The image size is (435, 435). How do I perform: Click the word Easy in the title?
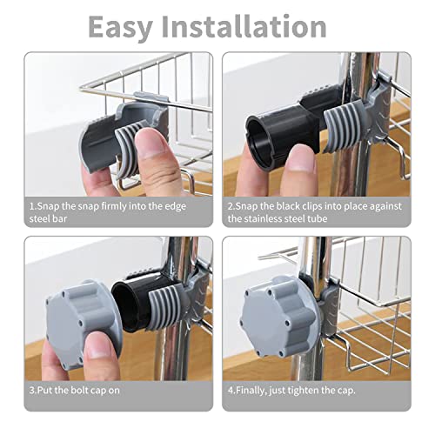120,27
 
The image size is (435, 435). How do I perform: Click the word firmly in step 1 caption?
114,206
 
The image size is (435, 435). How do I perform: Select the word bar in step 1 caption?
60,218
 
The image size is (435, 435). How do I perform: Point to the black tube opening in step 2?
261,142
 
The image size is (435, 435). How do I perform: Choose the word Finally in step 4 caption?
251,391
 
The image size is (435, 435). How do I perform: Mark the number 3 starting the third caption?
32,391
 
